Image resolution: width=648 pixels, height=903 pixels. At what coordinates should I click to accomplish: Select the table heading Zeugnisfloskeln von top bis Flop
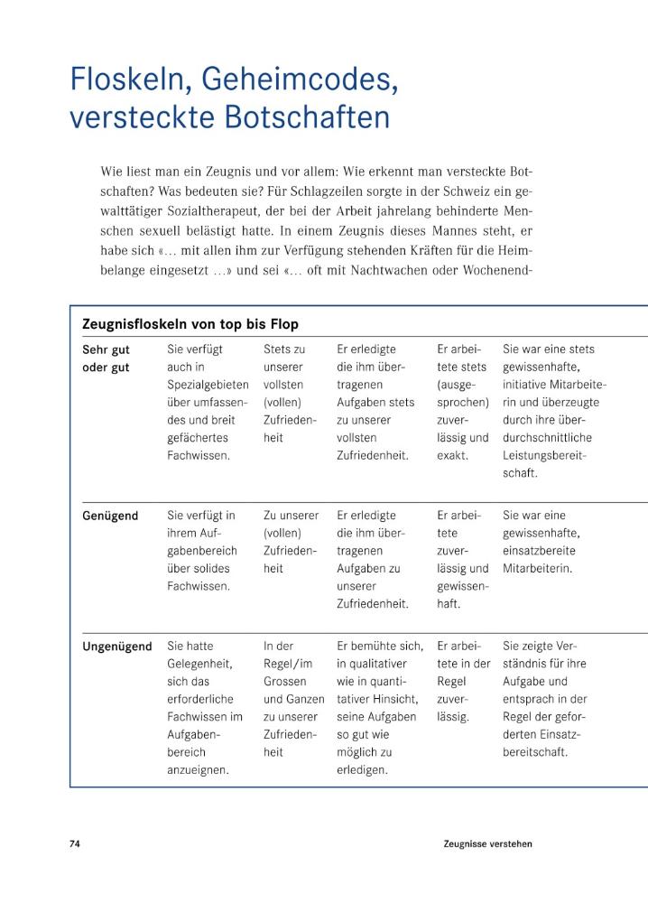point(190,323)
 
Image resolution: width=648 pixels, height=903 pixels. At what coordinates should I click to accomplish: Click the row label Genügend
point(110,516)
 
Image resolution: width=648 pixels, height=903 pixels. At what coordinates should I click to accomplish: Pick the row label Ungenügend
point(117,647)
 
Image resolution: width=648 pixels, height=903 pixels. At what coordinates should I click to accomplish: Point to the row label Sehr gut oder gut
point(106,358)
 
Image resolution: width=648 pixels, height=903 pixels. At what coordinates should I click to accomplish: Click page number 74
point(75,843)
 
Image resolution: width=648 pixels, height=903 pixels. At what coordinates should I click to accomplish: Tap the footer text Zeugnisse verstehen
point(487,843)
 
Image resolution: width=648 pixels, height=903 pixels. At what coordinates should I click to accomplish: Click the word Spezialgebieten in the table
point(210,384)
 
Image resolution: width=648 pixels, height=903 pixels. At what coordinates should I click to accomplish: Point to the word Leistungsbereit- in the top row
point(544,455)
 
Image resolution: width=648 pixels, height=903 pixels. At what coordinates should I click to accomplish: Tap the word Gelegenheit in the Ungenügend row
point(199,664)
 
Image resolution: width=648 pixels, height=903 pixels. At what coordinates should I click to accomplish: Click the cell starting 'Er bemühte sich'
point(379,708)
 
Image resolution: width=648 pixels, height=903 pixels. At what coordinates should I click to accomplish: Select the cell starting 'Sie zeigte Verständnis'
point(545,699)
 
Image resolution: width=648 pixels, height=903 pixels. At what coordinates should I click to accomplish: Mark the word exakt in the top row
point(452,455)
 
